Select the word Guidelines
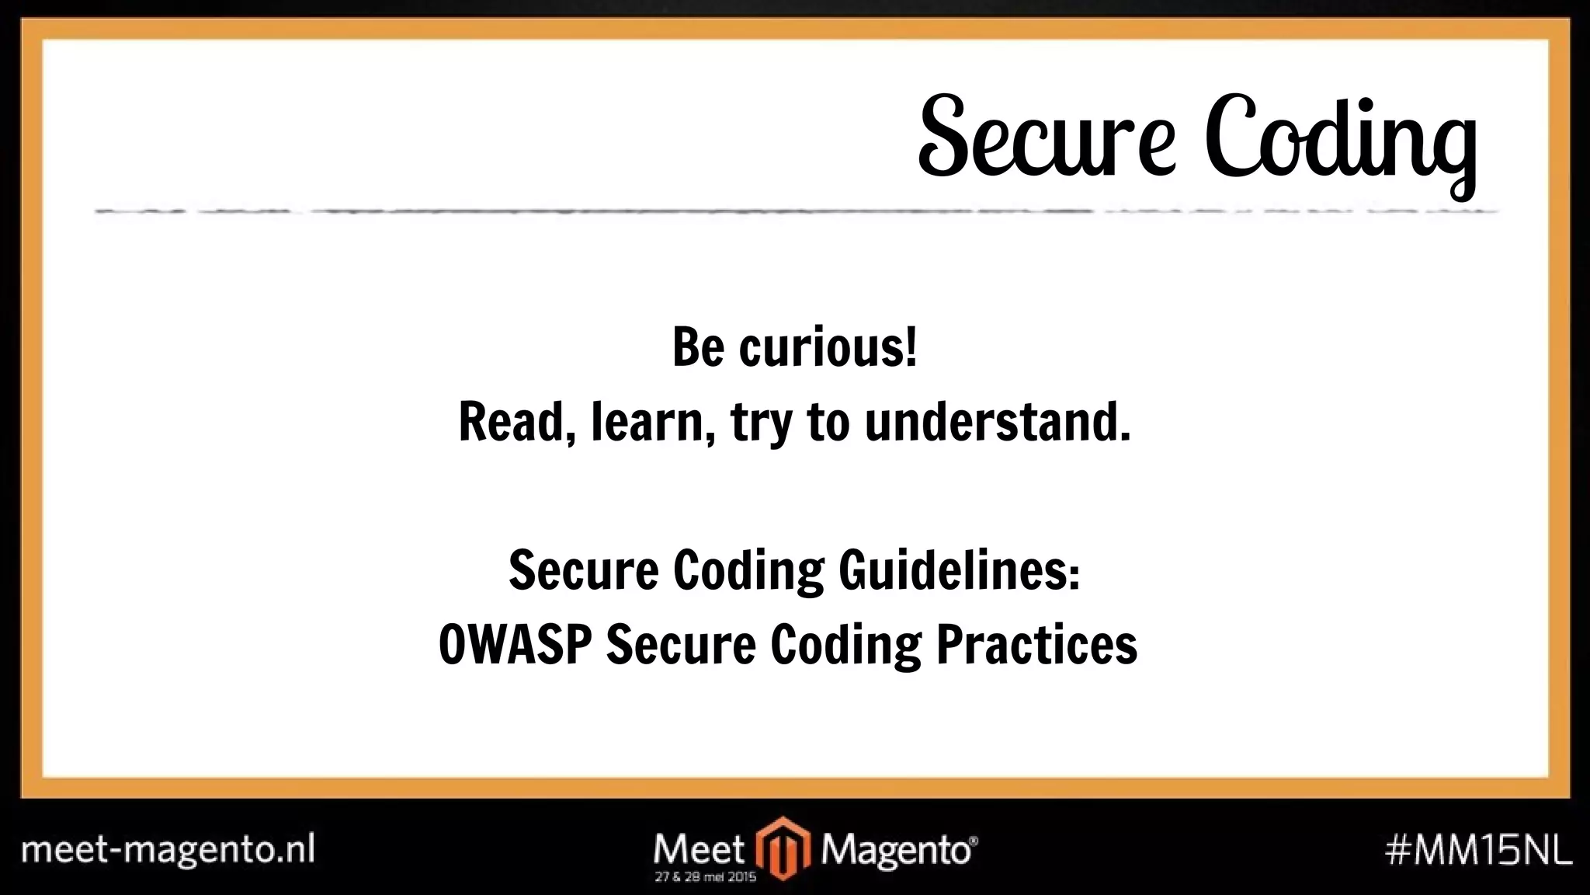pyautogui.click(x=958, y=571)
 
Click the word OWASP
pyautogui.click(x=515, y=645)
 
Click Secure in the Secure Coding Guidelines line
pyautogui.click(x=583, y=571)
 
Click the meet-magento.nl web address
pyautogui.click(x=168, y=849)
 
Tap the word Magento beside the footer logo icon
pyautogui.click(x=897, y=850)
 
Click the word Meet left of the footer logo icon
pyautogui.click(x=700, y=849)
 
